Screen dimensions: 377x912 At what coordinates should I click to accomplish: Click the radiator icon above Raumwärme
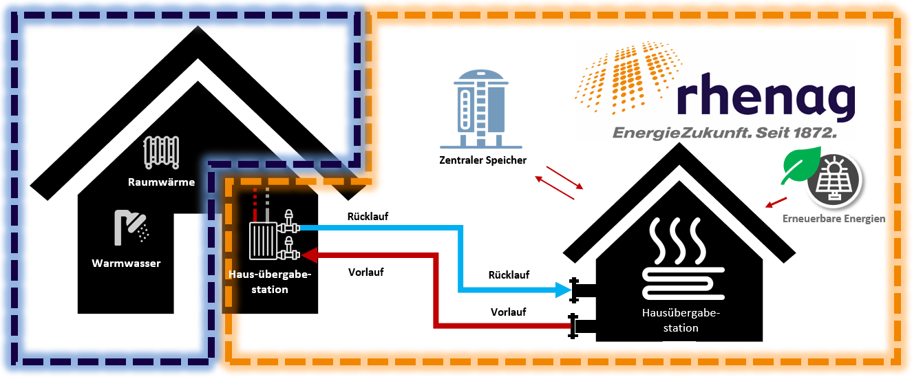(x=161, y=152)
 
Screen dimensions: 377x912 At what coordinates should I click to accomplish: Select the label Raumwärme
(x=161, y=182)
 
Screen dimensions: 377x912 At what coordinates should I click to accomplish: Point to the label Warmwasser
(x=126, y=263)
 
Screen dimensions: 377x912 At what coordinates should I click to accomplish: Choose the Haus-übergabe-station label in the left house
(x=269, y=283)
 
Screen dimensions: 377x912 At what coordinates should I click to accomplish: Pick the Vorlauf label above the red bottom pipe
(x=508, y=312)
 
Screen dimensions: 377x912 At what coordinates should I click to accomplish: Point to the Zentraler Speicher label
(x=482, y=161)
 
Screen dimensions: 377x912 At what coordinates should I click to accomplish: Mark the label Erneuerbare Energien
(x=834, y=219)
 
